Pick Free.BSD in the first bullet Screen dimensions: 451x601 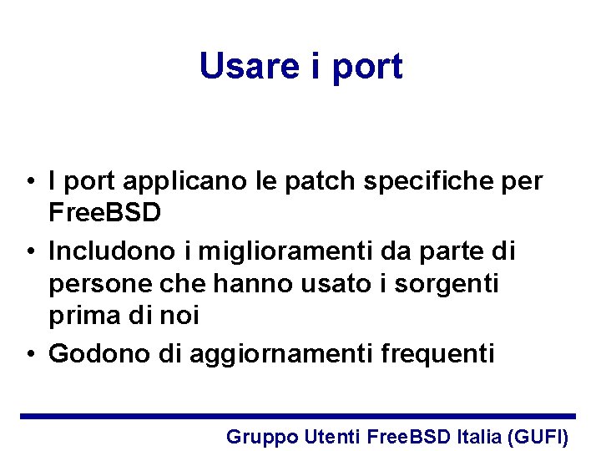[x=104, y=212]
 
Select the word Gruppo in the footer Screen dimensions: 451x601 [x=262, y=437]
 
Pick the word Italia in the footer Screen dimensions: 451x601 [x=479, y=436]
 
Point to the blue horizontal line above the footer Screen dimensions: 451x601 [x=298, y=416]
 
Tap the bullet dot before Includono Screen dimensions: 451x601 [x=29, y=251]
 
